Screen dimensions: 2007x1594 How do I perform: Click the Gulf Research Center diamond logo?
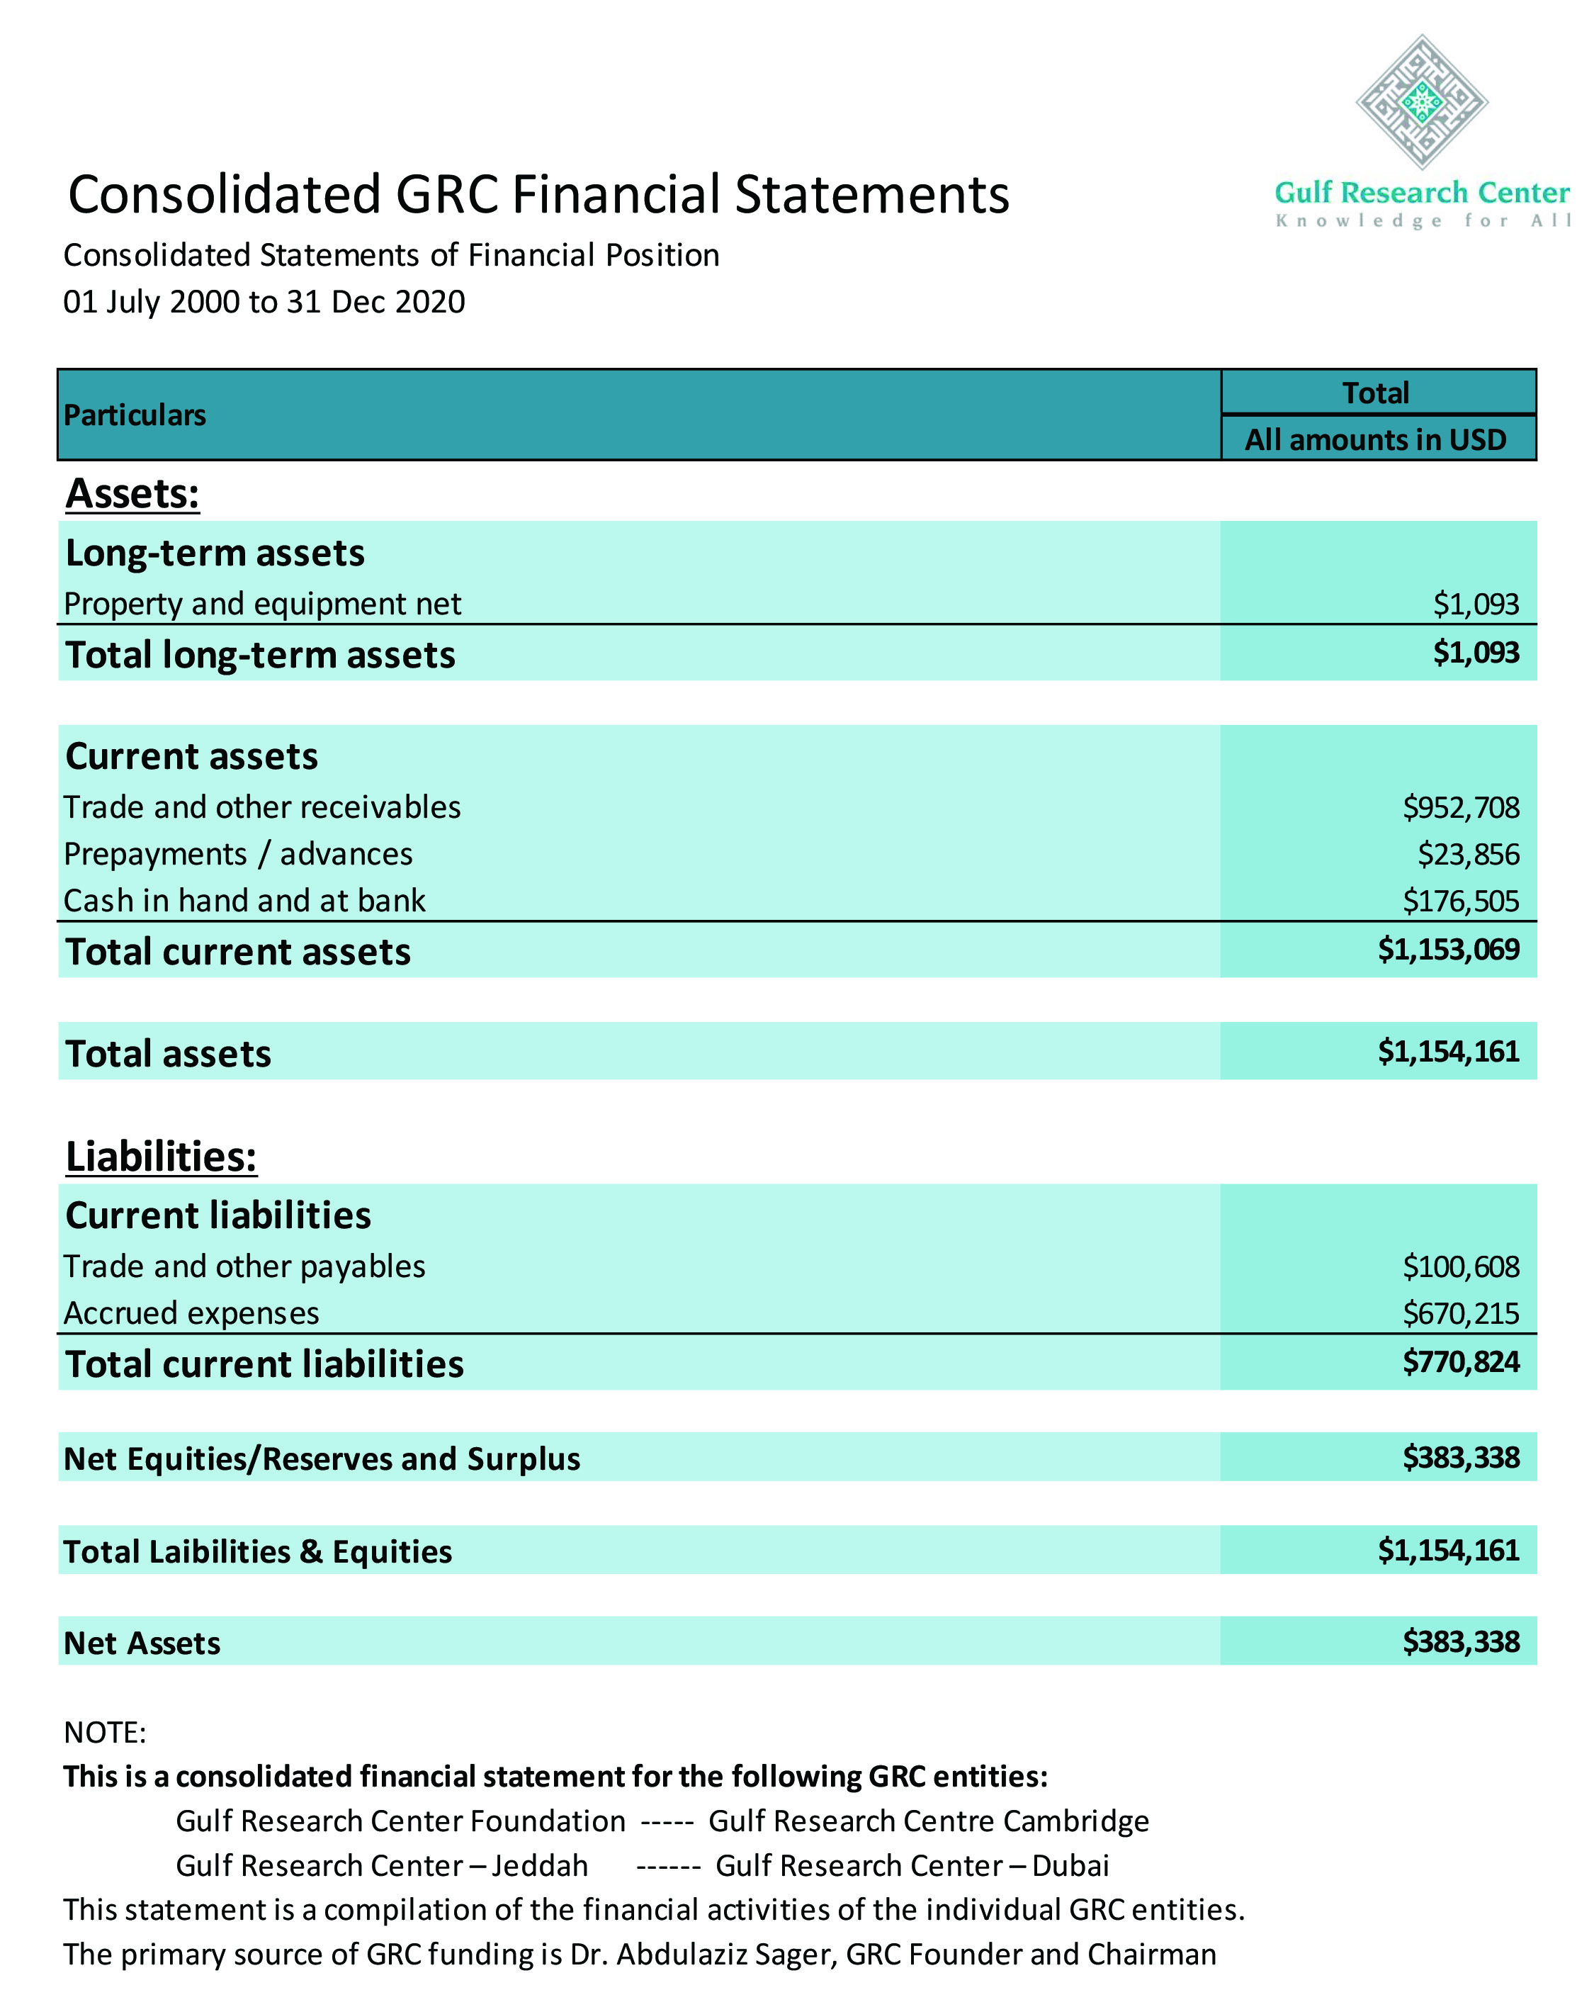pos(1421,102)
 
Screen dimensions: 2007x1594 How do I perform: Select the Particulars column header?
pos(135,415)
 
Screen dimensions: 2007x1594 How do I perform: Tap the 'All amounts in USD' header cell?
pos(1375,439)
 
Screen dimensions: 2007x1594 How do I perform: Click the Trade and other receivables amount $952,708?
pos(1460,807)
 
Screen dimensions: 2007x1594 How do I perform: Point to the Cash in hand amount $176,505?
pos(1460,900)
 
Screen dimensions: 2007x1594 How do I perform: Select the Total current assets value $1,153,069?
pos(1448,950)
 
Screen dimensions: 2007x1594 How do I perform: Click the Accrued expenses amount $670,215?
pos(1460,1312)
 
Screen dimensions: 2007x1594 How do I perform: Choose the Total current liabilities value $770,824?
pos(1460,1362)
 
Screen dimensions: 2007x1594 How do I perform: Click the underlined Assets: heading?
pos(132,493)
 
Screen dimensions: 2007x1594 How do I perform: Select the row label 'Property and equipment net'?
pos(262,604)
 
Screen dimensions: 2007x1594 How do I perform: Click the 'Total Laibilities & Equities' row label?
pos(258,1552)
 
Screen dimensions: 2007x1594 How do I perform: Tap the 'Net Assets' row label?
pos(142,1643)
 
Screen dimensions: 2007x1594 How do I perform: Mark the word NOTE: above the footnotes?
pos(105,1733)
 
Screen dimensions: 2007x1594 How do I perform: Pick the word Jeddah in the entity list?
pos(540,1865)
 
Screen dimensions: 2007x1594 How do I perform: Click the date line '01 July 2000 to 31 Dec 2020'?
pos(264,302)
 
